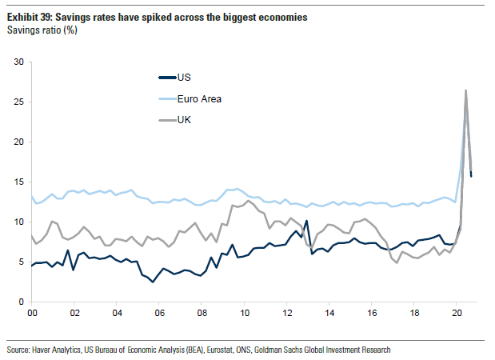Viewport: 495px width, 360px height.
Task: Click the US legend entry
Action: (x=183, y=78)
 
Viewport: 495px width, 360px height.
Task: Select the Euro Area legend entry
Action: (x=198, y=98)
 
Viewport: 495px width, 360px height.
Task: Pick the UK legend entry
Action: (x=184, y=119)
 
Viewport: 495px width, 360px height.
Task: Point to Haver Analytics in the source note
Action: (x=54, y=350)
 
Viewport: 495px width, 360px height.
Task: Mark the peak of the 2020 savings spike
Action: (x=465, y=90)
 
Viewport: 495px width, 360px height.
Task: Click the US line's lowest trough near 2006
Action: (x=153, y=282)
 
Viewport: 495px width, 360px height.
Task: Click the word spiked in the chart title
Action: (x=159, y=17)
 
